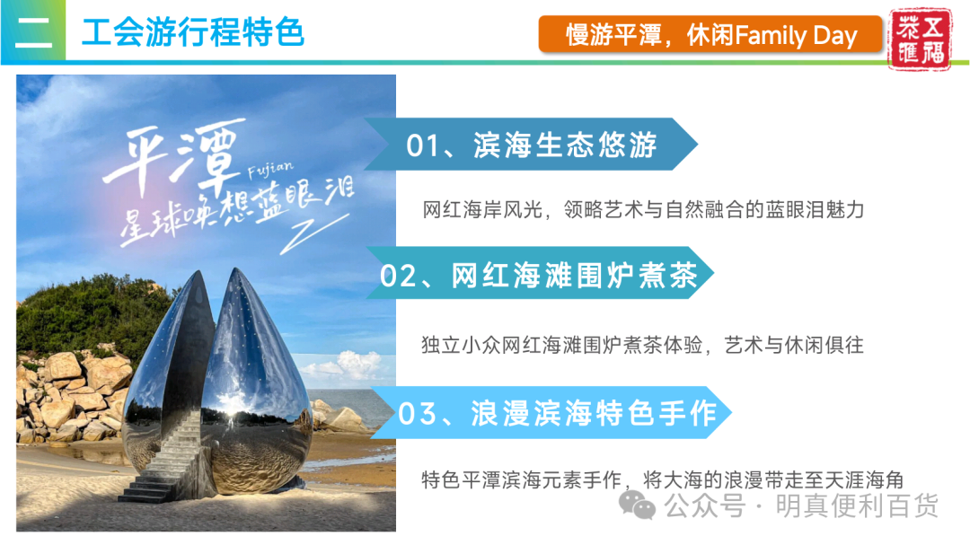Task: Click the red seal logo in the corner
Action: [x=920, y=39]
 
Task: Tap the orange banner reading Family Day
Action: [x=710, y=35]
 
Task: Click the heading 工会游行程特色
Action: [x=193, y=32]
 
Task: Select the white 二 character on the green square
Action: [x=33, y=32]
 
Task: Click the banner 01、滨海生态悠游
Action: [x=531, y=145]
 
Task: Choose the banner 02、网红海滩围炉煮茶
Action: [x=540, y=273]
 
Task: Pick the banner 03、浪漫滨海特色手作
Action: [x=551, y=413]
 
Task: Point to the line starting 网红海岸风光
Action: [x=643, y=210]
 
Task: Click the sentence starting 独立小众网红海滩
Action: [x=642, y=345]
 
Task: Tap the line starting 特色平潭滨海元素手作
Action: [x=663, y=479]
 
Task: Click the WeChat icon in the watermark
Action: [x=637, y=505]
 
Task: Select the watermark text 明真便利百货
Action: [x=857, y=505]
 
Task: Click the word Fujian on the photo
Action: [x=270, y=169]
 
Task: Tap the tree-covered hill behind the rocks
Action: [x=93, y=315]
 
